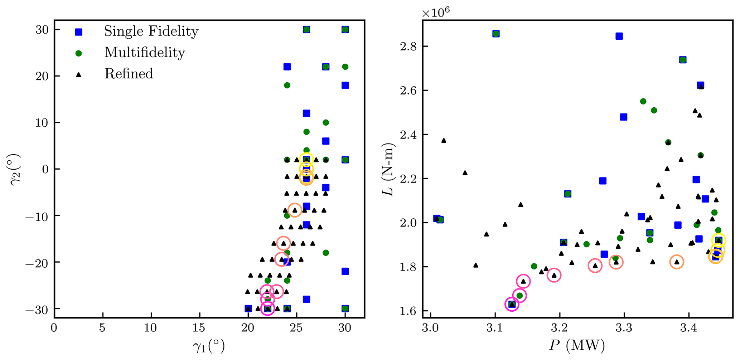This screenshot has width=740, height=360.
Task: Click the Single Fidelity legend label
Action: click(151, 31)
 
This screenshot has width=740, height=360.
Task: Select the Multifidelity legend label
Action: click(145, 53)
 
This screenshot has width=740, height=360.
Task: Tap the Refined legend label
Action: click(129, 74)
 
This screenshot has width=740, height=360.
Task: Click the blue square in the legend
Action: click(78, 32)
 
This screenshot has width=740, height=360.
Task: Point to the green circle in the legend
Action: click(78, 53)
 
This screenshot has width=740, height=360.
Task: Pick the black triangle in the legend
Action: click(78, 74)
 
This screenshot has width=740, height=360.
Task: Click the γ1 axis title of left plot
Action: click(209, 346)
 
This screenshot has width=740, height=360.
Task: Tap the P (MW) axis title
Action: click(577, 346)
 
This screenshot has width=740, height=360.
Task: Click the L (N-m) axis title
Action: click(388, 169)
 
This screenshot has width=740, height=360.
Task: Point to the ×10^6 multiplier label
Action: click(436, 13)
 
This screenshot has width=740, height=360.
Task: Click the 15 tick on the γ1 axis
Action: click(199, 328)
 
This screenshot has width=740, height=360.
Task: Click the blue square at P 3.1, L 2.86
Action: click(496, 34)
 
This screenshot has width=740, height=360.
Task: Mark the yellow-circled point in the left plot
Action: click(306, 160)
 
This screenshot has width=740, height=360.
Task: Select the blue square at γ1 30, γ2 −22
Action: click(345, 271)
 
